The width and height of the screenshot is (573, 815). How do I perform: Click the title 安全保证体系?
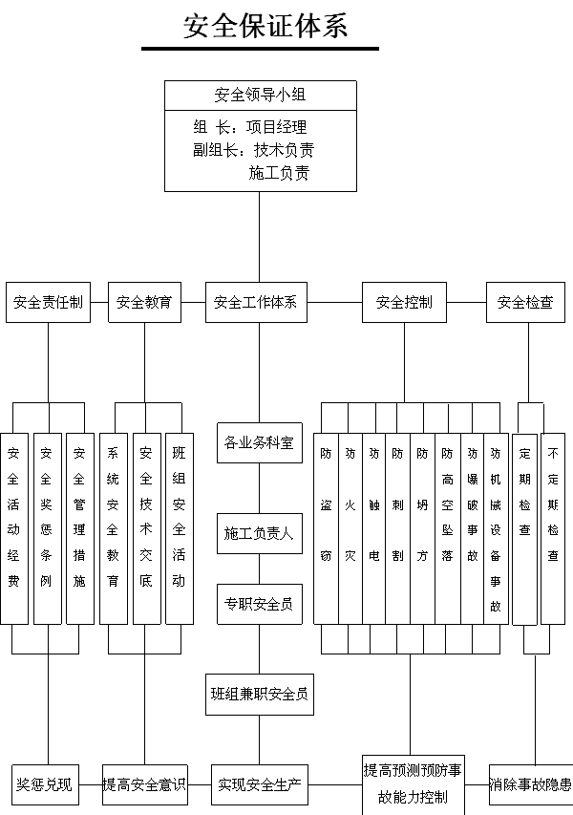coord(265,26)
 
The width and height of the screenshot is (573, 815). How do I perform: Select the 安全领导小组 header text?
coord(260,95)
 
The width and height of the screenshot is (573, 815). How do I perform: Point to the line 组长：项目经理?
coord(250,127)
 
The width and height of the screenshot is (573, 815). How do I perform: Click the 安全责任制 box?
coord(49,302)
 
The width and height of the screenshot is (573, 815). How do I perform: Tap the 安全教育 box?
coord(144,302)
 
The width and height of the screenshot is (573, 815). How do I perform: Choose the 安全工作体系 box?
coord(256,302)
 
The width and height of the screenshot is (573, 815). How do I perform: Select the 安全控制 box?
coord(404,302)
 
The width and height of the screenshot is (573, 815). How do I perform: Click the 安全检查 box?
coord(525,302)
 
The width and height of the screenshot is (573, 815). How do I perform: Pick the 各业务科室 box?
coord(259,442)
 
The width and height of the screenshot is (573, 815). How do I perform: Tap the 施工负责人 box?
coord(259,533)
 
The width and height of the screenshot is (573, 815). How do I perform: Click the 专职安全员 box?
coord(259,604)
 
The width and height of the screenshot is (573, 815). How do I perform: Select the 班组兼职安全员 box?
coord(259,695)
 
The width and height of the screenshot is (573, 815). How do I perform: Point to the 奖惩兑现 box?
coord(45,784)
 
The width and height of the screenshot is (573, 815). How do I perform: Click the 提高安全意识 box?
coord(144,784)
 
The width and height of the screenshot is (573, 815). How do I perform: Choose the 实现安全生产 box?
coord(259,784)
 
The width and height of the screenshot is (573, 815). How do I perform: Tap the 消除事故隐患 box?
coord(530,784)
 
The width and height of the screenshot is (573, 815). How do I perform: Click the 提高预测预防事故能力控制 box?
coord(413,784)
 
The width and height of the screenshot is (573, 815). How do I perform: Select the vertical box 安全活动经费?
coord(14,528)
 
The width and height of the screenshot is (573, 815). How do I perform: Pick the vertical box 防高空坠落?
coord(447,528)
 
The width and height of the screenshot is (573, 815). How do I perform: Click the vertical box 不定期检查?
coord(553,528)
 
